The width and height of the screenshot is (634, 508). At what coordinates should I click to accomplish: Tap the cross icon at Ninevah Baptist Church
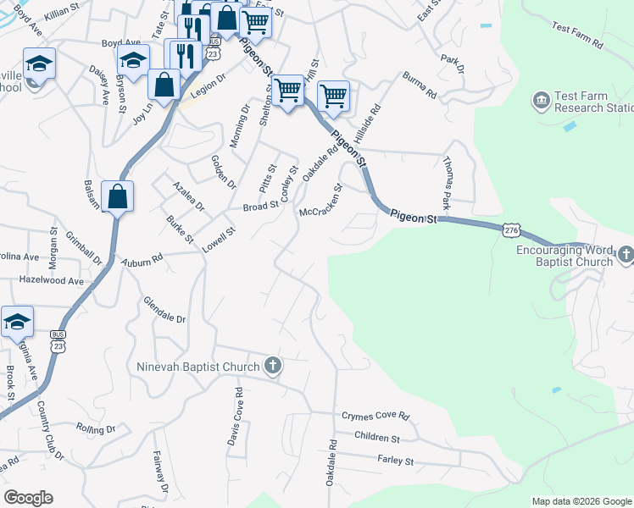coord(272,367)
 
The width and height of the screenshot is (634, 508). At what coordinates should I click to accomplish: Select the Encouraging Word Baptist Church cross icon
coord(626,253)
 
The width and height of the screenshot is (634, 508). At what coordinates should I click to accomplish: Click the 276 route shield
coord(510,230)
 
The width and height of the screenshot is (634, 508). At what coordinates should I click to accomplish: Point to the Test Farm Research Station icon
coord(541,102)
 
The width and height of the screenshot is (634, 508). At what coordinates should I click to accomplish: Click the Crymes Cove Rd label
coord(375,417)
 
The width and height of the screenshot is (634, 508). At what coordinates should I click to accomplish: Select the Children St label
coord(377,438)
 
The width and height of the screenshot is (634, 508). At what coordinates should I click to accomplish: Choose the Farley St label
coord(395,461)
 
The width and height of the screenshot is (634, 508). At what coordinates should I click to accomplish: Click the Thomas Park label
coord(447,182)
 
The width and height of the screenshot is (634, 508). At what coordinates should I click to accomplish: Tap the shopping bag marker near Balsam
coord(118,196)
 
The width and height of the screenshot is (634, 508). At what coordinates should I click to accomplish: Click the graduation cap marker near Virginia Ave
coord(17,322)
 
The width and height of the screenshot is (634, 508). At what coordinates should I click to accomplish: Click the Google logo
coord(28,498)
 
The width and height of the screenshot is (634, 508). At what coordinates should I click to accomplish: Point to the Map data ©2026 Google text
coord(581,501)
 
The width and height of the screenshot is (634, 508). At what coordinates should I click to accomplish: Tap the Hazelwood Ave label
coord(52,280)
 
